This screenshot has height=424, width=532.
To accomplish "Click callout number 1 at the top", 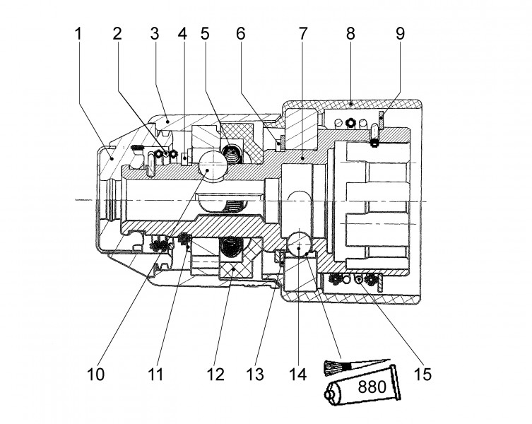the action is [x=78, y=34].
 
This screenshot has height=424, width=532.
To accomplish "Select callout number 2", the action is [x=117, y=34].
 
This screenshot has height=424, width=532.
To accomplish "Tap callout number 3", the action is [x=155, y=34].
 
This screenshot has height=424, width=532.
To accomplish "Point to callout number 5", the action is [x=206, y=34].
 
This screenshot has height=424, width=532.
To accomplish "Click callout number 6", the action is [x=240, y=34].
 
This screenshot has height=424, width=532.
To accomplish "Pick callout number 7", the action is [x=302, y=34].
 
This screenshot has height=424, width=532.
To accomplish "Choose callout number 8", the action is [x=350, y=34].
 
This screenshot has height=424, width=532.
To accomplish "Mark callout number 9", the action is [x=401, y=34].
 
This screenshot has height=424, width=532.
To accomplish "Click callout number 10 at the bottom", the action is [x=95, y=375].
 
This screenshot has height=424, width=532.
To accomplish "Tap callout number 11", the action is [x=155, y=375].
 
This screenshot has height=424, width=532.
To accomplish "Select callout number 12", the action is [x=215, y=375].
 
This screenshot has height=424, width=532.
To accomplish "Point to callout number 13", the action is [x=255, y=375].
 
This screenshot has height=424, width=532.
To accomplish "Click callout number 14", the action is [x=298, y=375].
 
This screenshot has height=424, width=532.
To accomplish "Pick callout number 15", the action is [x=422, y=375].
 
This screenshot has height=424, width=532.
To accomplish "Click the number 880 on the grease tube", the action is [x=372, y=387].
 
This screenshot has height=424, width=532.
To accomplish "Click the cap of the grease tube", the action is [x=329, y=396].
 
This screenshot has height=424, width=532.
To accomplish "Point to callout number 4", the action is [x=182, y=34].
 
